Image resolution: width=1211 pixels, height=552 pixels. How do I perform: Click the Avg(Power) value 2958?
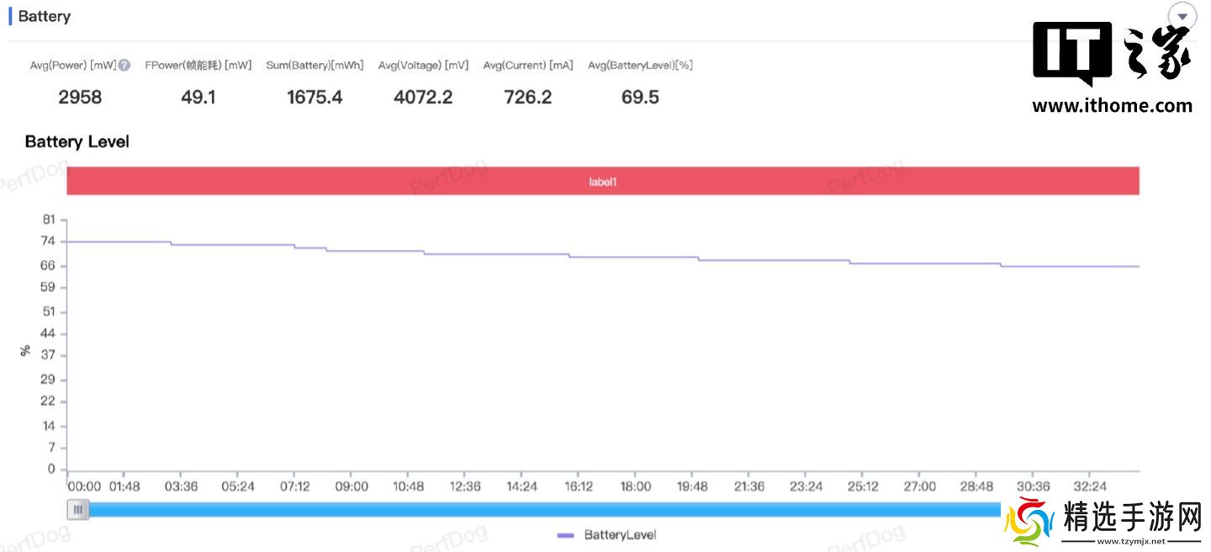click(x=80, y=98)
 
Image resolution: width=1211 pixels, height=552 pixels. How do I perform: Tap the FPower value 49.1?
click(x=198, y=98)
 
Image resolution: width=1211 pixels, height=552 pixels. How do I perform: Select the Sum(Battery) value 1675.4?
click(x=315, y=98)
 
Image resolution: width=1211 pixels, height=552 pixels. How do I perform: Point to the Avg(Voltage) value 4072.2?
click(x=423, y=98)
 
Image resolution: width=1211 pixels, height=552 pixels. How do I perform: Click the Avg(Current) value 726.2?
click(x=528, y=98)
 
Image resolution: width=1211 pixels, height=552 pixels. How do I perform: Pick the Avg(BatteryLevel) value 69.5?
click(x=640, y=98)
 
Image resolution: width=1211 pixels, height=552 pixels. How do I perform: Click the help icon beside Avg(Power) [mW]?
click(x=124, y=66)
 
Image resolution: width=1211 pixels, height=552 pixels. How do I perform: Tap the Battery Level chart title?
click(x=77, y=141)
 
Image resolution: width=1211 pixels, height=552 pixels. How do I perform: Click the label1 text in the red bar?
click(x=603, y=181)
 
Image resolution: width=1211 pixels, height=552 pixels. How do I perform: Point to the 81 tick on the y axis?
click(x=49, y=220)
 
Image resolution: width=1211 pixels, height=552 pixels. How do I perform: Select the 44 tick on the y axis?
click(x=49, y=333)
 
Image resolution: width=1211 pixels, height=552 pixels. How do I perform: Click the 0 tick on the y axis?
click(x=52, y=469)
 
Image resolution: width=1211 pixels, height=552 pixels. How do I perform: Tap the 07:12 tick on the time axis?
click(x=294, y=486)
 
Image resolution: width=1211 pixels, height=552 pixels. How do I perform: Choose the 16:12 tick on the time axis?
click(x=579, y=486)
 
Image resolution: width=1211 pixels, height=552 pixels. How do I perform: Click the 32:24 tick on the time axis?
click(x=1090, y=486)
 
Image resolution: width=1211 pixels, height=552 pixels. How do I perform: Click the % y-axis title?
click(x=25, y=350)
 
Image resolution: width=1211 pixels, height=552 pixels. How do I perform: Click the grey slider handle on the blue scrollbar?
click(x=78, y=509)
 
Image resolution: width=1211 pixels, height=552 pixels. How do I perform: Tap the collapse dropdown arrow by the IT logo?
click(x=1182, y=17)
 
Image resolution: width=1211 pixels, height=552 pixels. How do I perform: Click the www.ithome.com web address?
click(x=1112, y=106)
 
